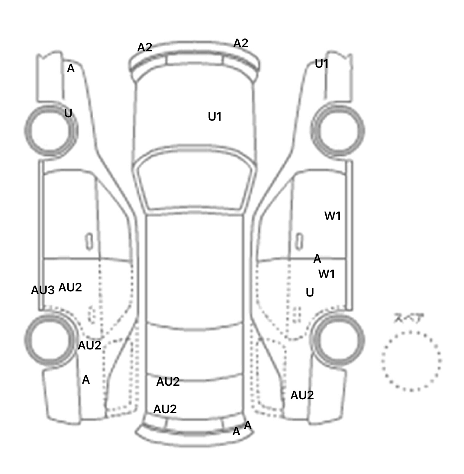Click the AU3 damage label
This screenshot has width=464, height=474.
tap(43, 290)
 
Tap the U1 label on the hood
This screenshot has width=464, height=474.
tap(215, 117)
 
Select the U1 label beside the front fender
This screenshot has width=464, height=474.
tap(321, 64)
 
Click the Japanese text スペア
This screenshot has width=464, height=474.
tap(408, 318)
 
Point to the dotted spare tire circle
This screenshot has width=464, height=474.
tap(411, 361)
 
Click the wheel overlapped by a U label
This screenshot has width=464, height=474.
tap(51, 131)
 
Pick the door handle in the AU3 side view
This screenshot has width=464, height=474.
tap(89, 242)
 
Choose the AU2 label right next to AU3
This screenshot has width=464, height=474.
tap(70, 287)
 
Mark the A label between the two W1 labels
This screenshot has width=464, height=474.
tap(317, 259)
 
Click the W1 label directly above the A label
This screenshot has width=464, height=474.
tap(333, 216)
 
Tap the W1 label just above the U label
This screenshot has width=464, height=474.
tap(327, 274)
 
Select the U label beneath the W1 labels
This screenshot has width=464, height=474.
tap(310, 292)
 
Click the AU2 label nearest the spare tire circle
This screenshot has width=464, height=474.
tap(302, 395)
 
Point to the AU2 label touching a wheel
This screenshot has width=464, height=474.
tap(89, 346)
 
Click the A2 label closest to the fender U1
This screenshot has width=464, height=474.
tap(241, 43)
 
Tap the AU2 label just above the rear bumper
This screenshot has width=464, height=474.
tap(165, 409)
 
